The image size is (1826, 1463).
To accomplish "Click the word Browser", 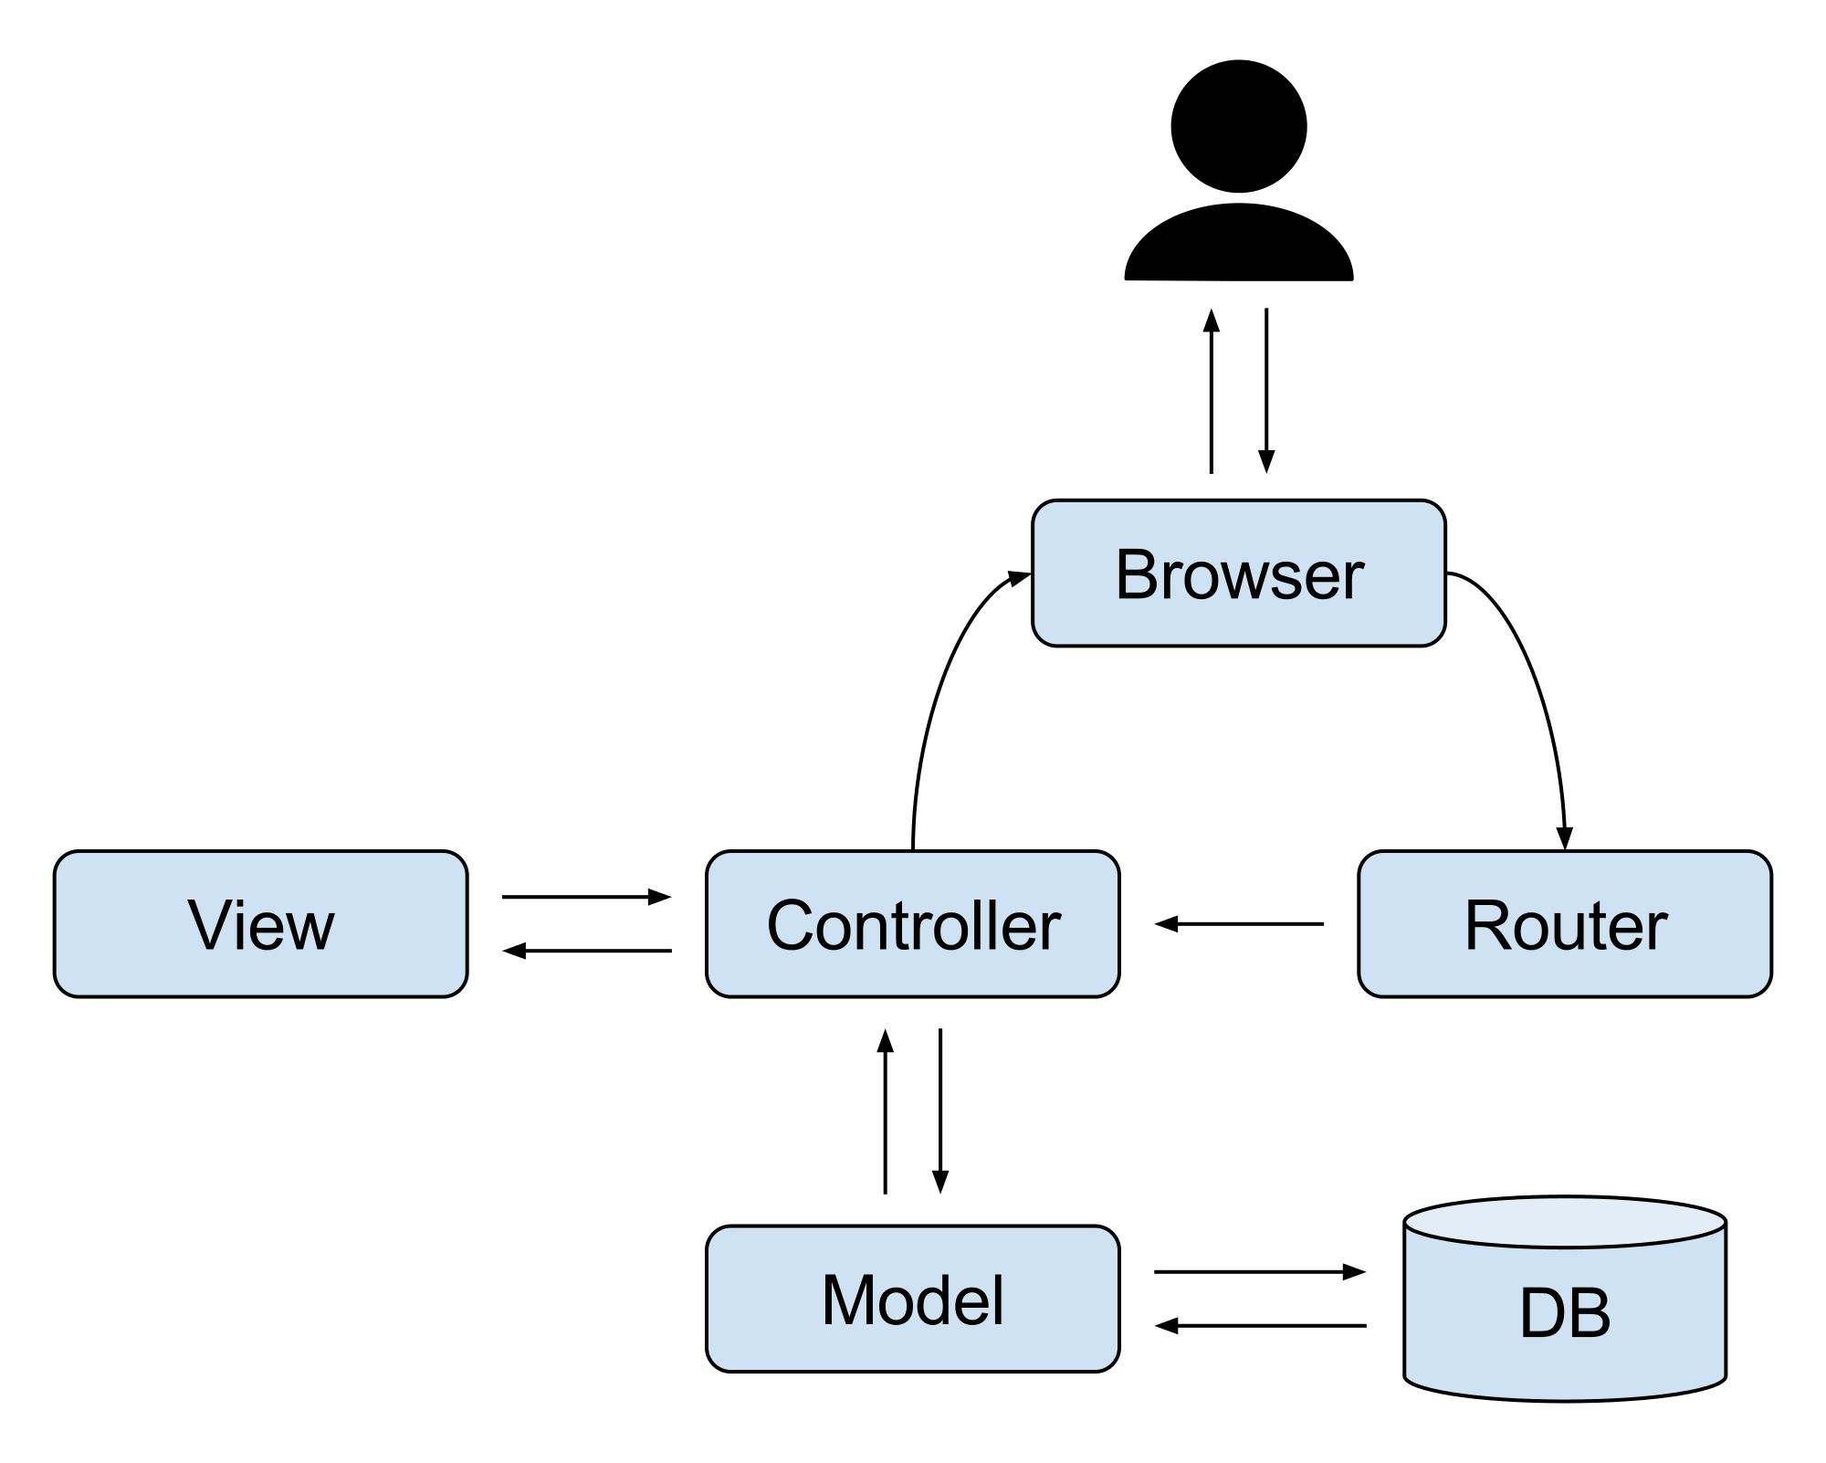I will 1239,575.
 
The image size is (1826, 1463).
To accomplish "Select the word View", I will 261,925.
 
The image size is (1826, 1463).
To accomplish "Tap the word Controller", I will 913,925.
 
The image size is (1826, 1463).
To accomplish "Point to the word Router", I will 1565,925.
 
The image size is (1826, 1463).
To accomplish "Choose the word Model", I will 913,1300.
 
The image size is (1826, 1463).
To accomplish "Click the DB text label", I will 1565,1313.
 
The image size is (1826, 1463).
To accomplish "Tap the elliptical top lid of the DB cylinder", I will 1565,1223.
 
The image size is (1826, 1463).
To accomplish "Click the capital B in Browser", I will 1137,575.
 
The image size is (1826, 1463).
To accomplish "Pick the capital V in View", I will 209,925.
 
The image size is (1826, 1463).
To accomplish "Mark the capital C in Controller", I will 792,925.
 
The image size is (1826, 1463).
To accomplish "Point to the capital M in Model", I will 848,1300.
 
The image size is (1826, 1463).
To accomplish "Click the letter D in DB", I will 1543,1313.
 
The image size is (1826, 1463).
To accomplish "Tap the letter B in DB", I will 1590,1313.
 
